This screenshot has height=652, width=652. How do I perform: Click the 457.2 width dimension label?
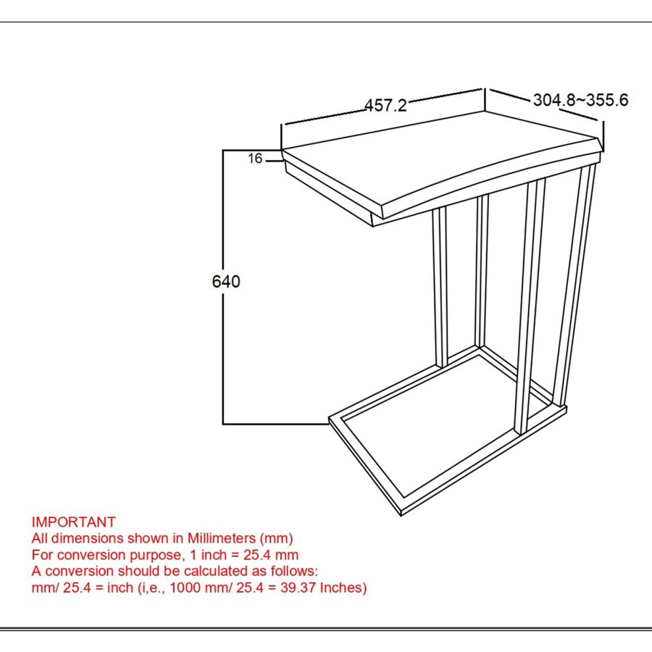point(385,106)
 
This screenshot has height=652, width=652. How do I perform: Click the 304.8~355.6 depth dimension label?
point(580,100)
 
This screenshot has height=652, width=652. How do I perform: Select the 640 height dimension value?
point(226,282)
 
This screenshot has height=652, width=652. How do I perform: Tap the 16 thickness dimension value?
point(254,159)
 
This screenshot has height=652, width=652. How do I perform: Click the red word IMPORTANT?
point(73,522)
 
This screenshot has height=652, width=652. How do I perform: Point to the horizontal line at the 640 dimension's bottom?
point(275,423)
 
